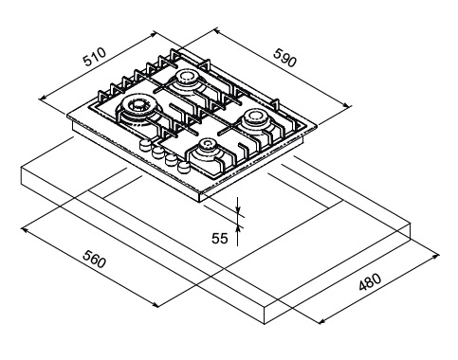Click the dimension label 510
pyautogui.click(x=95, y=57)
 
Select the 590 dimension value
pyautogui.click(x=285, y=58)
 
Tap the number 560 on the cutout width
pyautogui.click(x=94, y=259)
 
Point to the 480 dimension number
pyautogui.click(x=370, y=281)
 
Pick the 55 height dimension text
pyautogui.click(x=220, y=239)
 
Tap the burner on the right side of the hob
pyautogui.click(x=255, y=117)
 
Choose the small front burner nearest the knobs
pyautogui.click(x=208, y=146)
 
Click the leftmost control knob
pyautogui.click(x=145, y=145)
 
